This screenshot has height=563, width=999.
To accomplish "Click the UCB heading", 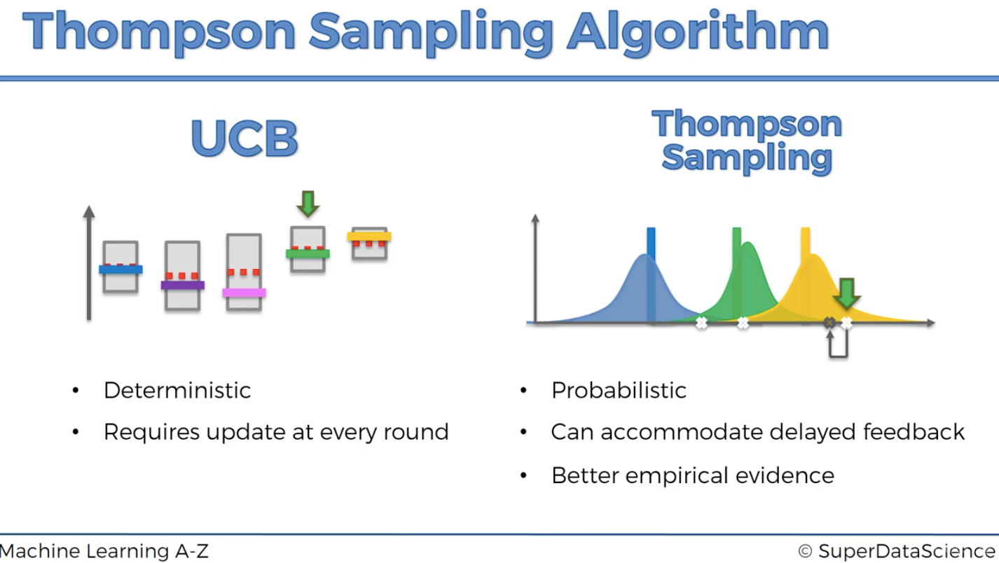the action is [244, 138].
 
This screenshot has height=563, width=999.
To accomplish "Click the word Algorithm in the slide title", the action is [698, 32].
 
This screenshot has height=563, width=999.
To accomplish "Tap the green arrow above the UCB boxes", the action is [308, 204].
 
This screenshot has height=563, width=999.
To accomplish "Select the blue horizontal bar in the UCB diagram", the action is [121, 269].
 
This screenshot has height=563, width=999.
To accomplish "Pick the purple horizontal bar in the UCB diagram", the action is [183, 285].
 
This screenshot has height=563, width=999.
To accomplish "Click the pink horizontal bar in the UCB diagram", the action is [244, 293].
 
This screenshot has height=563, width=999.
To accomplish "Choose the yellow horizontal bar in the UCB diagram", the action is [369, 237].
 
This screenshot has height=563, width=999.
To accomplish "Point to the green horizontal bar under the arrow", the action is [308, 254].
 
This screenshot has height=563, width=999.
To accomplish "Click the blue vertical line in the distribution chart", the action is [651, 274].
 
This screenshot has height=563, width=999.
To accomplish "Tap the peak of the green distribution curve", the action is [748, 244].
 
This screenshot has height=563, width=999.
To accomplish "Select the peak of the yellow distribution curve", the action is [814, 256].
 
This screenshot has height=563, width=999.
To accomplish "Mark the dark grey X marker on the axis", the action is [829, 322].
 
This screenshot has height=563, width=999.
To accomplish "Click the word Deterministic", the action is [177, 391].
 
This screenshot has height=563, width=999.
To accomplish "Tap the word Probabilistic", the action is [619, 391].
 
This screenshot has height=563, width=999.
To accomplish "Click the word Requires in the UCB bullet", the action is [151, 432].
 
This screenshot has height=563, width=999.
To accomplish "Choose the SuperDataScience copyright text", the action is [897, 551].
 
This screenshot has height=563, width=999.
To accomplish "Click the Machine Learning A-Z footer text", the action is [104, 551].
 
